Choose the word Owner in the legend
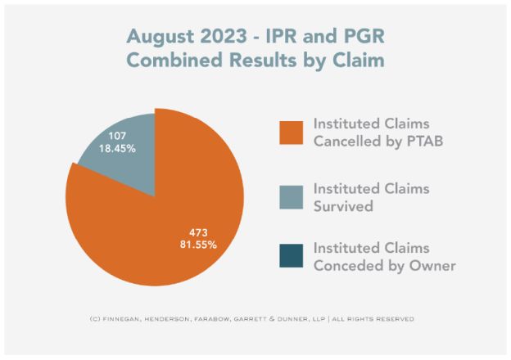click(431, 265)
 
